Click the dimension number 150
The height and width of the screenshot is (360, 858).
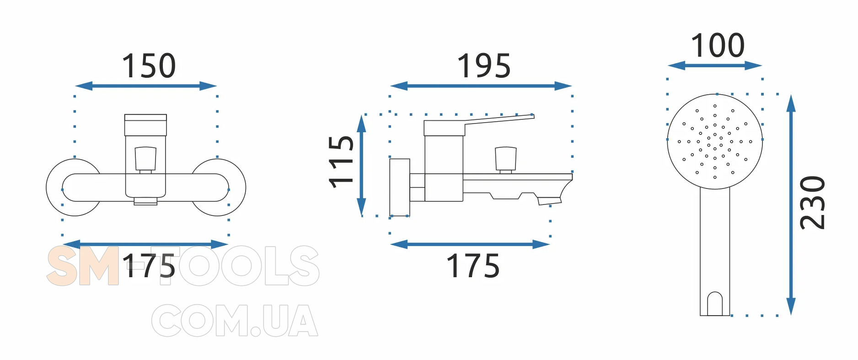149,66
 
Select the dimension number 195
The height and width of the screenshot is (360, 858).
484,66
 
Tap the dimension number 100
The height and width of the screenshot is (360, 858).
718,46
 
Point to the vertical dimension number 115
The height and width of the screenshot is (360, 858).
341,161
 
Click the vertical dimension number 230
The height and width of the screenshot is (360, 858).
812,202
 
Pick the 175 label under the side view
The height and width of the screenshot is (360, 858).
473,266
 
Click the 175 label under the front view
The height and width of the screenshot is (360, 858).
149,266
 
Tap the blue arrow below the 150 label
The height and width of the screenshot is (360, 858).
146,86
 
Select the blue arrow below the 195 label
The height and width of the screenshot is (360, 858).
481,86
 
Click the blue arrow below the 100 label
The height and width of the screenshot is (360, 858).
715,66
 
